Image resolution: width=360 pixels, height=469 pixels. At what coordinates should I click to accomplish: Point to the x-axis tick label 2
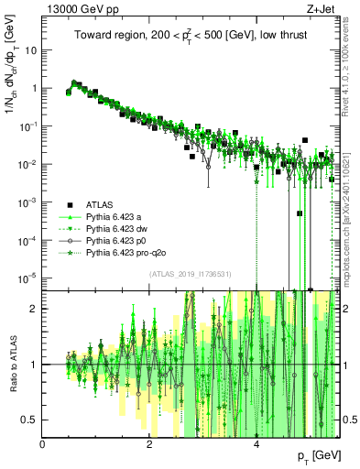[150, 444]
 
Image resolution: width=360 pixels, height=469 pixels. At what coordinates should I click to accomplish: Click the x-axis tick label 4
[257, 444]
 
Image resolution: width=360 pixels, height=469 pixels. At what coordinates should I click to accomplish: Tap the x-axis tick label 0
[43, 444]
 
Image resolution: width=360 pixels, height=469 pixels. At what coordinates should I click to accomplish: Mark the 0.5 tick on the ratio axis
[30, 420]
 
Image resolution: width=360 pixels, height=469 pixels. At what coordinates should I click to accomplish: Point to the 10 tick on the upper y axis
[29, 50]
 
